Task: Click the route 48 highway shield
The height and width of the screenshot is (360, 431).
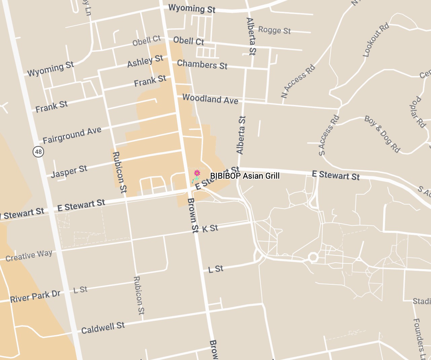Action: pyautogui.click(x=38, y=152)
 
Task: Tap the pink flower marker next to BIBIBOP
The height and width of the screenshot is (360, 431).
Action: pyautogui.click(x=197, y=173)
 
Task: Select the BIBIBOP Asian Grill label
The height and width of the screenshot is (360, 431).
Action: pyautogui.click(x=245, y=176)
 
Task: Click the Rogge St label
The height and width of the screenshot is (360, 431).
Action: pyautogui.click(x=274, y=30)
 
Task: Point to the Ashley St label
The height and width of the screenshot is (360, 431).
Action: pyautogui.click(x=145, y=61)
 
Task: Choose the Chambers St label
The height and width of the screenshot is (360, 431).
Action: pyautogui.click(x=202, y=64)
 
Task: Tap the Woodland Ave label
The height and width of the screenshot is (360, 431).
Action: pyautogui.click(x=210, y=99)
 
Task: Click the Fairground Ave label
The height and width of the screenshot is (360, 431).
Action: pyautogui.click(x=72, y=135)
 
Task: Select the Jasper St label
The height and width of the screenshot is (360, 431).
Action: pyautogui.click(x=69, y=171)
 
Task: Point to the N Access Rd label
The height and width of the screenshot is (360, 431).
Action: pyautogui.click(x=298, y=81)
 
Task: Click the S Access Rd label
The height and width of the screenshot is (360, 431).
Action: pyautogui.click(x=329, y=135)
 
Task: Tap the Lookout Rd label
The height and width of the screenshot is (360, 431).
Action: pyautogui.click(x=376, y=40)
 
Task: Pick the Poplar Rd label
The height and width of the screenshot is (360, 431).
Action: pyautogui.click(x=418, y=112)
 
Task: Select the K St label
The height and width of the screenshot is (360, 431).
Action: pyautogui.click(x=210, y=229)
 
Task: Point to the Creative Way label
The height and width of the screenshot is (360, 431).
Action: pyautogui.click(x=29, y=255)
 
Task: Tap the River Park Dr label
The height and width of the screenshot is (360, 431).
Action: pyautogui.click(x=35, y=296)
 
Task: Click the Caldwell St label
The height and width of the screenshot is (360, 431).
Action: pyautogui.click(x=103, y=327)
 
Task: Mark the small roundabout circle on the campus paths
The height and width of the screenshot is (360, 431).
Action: pyautogui.click(x=313, y=258)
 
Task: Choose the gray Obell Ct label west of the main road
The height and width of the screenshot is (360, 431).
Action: pyautogui.click(x=147, y=41)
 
